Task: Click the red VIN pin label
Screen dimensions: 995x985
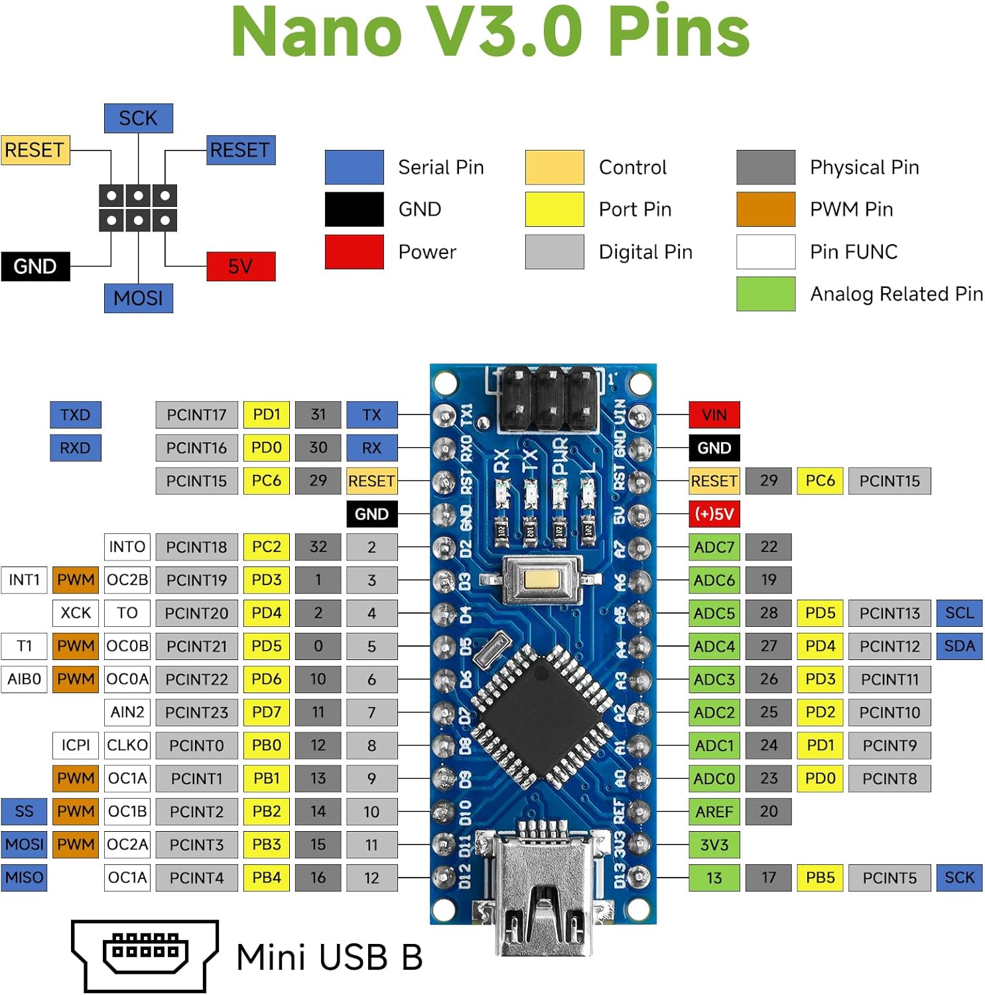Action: point(714,415)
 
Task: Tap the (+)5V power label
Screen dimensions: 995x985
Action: point(714,514)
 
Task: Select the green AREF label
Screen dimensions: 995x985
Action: point(714,811)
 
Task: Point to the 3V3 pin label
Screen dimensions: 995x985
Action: point(714,844)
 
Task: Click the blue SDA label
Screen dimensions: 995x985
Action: point(958,646)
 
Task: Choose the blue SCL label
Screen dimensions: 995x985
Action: point(958,613)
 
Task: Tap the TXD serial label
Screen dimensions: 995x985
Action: point(75,415)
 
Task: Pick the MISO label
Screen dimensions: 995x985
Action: point(24,878)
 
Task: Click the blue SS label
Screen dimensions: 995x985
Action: point(24,811)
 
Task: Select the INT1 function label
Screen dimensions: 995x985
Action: point(24,580)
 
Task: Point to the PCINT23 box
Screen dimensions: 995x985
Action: point(196,712)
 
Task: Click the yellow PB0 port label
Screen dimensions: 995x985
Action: point(266,746)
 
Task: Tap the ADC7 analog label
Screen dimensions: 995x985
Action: point(714,547)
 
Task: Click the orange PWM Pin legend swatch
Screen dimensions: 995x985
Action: point(765,210)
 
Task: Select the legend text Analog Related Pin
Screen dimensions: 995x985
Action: point(896,294)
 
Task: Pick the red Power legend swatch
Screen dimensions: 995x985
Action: point(354,252)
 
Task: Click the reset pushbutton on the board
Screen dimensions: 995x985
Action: point(543,579)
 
